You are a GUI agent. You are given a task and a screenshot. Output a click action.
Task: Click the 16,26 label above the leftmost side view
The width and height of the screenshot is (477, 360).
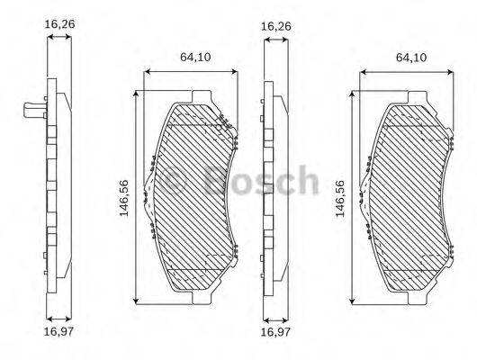[x=59, y=27]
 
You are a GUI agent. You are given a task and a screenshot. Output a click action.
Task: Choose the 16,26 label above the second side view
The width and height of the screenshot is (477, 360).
[x=274, y=27]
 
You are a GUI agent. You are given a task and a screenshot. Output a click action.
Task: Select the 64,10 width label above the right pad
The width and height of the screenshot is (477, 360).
[x=410, y=56]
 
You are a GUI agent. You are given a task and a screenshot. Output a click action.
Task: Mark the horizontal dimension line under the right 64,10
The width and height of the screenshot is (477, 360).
[x=409, y=69]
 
